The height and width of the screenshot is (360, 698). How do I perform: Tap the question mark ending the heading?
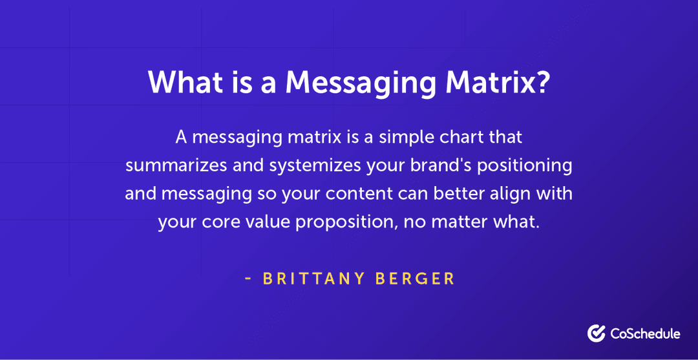(x=542, y=82)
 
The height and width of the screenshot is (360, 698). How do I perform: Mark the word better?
(x=456, y=193)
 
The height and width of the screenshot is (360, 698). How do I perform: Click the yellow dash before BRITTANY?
(x=248, y=279)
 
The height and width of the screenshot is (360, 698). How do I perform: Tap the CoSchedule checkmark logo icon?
(x=596, y=334)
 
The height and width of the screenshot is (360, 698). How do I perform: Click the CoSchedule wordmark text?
(x=645, y=334)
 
